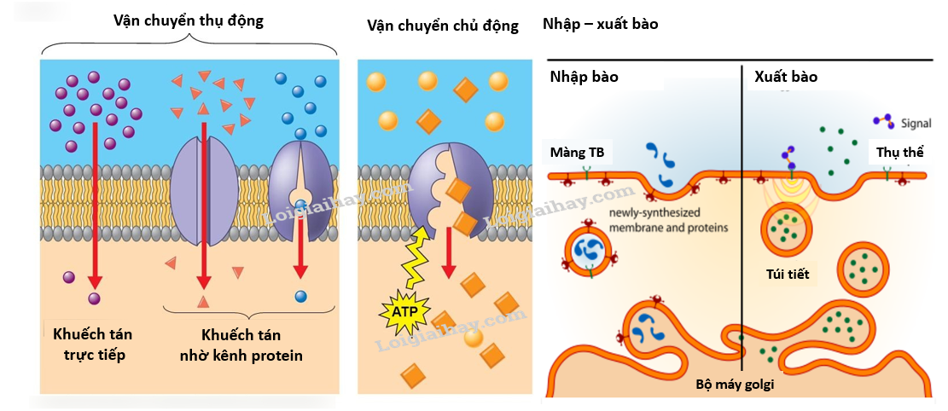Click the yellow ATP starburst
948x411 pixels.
pos(404,313)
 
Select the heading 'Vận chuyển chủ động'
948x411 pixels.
pos(442,26)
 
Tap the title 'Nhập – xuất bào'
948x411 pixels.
pos(600,24)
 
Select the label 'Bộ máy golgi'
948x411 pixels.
pos(739,385)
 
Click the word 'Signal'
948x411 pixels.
pos(916,124)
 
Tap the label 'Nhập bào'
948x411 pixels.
pos(584,78)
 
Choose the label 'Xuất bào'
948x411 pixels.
pos(786,78)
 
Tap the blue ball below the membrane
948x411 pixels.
pos(300,297)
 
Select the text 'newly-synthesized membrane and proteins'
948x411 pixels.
pos(668,221)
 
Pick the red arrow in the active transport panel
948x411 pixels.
pos(447,256)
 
